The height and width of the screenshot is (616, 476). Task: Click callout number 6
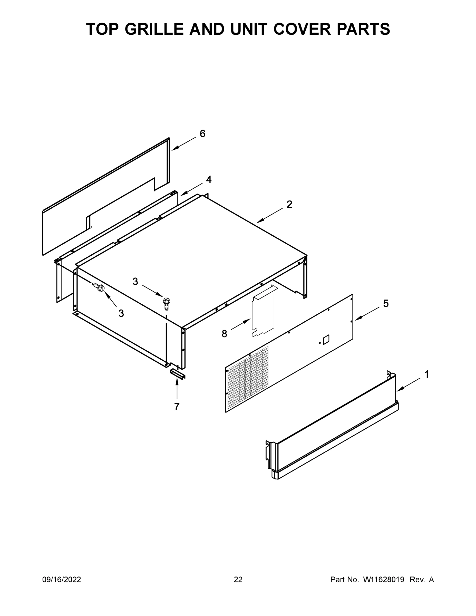[x=202, y=133]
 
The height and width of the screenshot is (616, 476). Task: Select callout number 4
[x=209, y=179]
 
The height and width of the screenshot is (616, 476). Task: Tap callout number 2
[x=289, y=204]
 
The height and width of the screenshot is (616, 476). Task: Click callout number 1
[x=427, y=374]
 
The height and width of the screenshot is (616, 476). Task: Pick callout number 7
[x=177, y=407]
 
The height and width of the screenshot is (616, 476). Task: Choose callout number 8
[x=224, y=334]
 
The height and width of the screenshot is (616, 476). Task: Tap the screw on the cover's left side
[x=99, y=287]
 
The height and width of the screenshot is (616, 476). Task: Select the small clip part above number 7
[x=177, y=374]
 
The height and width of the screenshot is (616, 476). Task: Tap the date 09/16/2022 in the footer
[x=62, y=579]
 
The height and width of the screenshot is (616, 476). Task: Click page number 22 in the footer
[x=238, y=579]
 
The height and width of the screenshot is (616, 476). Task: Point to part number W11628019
[x=384, y=579]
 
